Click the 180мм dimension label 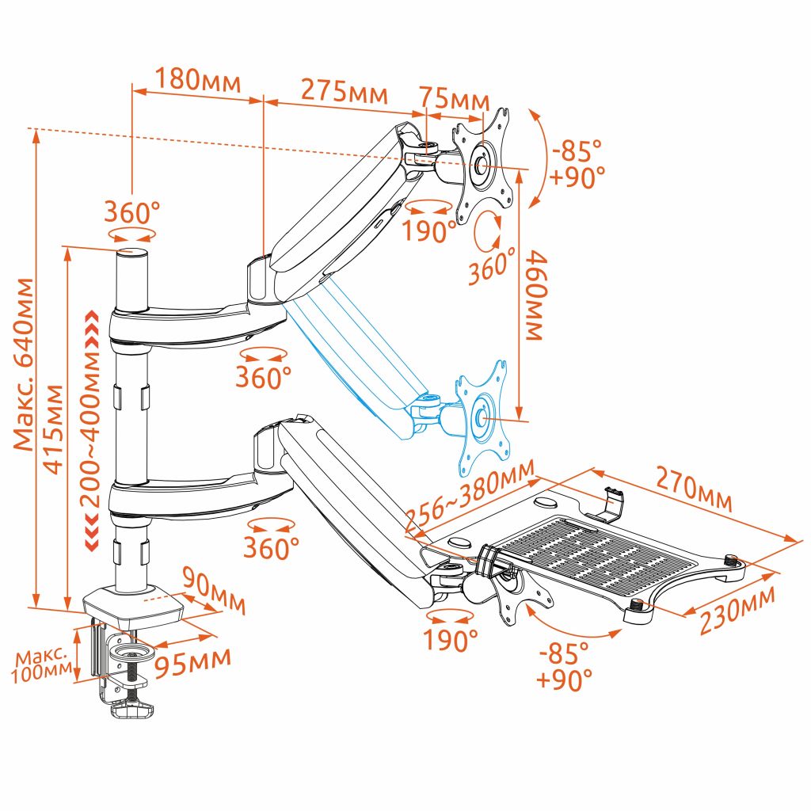[x=197, y=80]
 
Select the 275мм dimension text [x=344, y=90]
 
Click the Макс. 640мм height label [x=23, y=364]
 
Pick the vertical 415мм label [x=53, y=428]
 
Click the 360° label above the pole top [x=131, y=211]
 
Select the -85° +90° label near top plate [x=577, y=163]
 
